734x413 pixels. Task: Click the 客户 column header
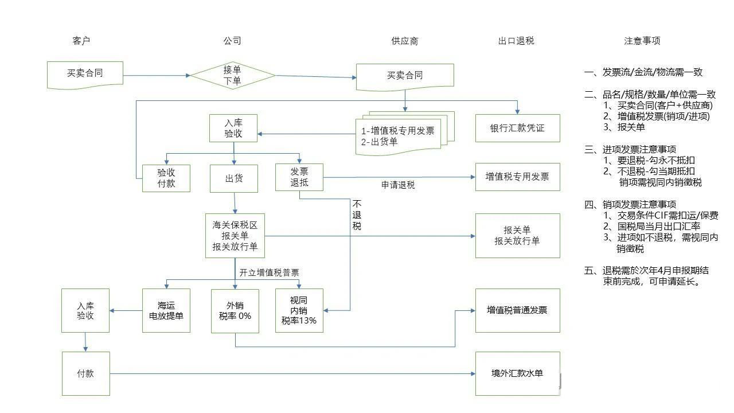coord(81,41)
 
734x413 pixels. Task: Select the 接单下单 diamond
coord(233,75)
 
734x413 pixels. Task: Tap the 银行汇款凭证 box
coord(517,128)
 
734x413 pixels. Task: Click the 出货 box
coord(234,178)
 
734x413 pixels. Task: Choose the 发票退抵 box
coord(299,177)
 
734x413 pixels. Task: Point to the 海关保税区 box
coord(235,236)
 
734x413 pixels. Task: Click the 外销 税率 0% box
coord(235,311)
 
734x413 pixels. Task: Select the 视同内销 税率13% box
coord(299,310)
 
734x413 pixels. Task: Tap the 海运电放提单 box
coord(166,310)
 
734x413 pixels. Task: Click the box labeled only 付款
coord(86,373)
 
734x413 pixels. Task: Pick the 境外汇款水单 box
coord(517,373)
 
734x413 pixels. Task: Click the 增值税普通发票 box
coord(517,310)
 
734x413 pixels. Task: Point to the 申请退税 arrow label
coord(398,185)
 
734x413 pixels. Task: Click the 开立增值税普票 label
coord(269,272)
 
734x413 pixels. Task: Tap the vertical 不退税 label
coord(357,215)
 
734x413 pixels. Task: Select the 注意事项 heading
coord(642,41)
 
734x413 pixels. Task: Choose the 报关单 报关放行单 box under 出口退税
coord(517,236)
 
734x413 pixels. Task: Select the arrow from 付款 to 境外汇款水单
coord(292,373)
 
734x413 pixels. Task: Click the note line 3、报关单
coord(624,127)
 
